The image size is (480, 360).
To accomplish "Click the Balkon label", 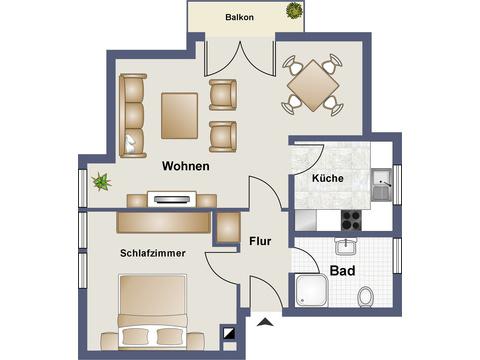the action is [239, 17].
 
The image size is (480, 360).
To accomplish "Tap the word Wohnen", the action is [186, 166].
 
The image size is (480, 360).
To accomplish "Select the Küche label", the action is [328, 178].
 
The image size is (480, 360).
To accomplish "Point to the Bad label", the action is [342, 271].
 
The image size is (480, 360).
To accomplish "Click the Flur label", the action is [260, 241].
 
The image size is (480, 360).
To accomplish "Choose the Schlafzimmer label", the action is [153, 253].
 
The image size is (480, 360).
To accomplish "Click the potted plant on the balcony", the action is [294, 10].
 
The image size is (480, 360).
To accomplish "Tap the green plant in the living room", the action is [101, 182].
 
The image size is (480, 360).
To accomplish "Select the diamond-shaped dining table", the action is [313, 85].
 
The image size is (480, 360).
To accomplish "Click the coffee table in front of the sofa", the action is [180, 116].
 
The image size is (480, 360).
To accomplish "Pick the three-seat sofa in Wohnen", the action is [133, 115].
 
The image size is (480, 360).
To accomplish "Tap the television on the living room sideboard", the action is [172, 199].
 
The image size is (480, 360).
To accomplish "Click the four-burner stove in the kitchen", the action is [351, 220].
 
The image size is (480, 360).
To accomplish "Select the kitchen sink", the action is [382, 184].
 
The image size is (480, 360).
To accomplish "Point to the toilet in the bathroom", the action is [365, 296].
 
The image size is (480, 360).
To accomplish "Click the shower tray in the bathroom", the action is [312, 290].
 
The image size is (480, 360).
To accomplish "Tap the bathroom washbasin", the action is [346, 246].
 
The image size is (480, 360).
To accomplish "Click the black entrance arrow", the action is [265, 322].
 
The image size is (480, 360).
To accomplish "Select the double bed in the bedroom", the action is [153, 312].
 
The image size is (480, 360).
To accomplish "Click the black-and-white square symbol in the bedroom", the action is [230, 333].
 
